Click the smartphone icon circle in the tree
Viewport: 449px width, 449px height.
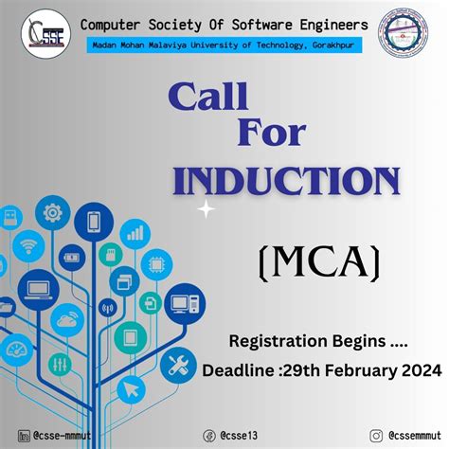[94, 223]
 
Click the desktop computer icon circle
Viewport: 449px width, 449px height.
[185, 303]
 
